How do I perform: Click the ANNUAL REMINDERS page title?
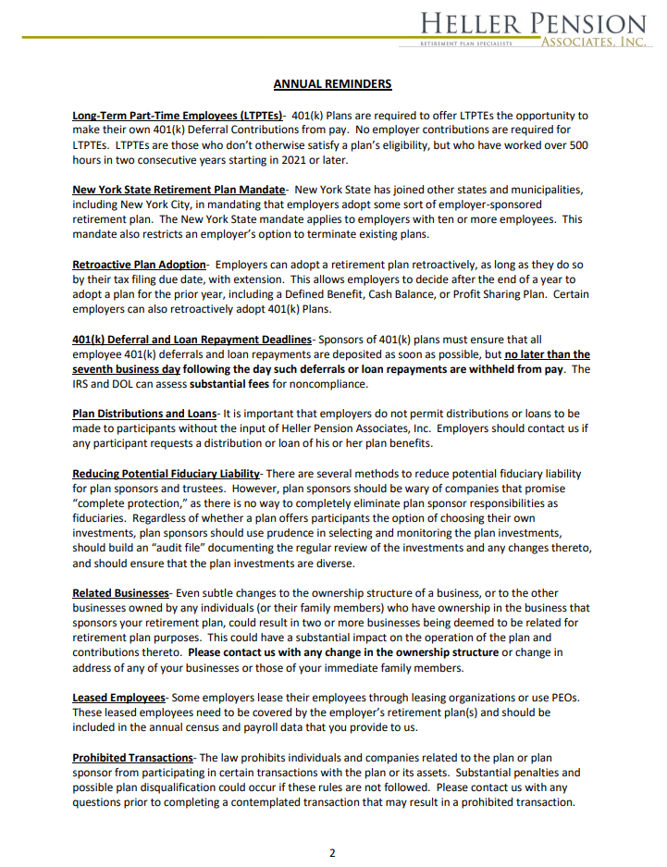click(x=332, y=84)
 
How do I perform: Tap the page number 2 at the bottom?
click(x=333, y=852)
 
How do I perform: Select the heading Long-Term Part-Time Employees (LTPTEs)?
click(x=178, y=116)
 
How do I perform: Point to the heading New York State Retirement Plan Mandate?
click(x=179, y=190)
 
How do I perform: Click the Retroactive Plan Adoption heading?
click(x=139, y=265)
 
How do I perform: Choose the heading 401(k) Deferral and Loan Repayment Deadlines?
click(x=191, y=340)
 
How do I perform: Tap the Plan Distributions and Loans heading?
click(x=144, y=414)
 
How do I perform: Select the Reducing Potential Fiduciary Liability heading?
click(x=167, y=474)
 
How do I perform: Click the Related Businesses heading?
click(x=121, y=593)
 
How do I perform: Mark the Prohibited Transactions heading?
click(x=133, y=758)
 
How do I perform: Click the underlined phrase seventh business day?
click(x=126, y=369)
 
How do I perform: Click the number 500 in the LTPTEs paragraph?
click(x=576, y=145)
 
